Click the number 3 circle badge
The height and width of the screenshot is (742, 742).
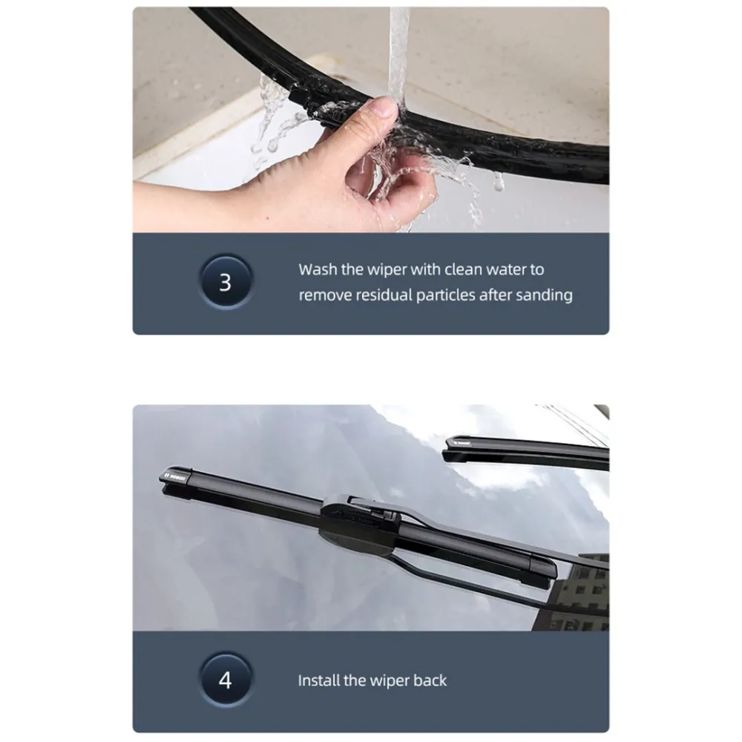coord(226,282)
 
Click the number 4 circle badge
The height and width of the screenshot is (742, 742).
coord(226,680)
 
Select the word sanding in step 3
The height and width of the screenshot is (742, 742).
coord(544,295)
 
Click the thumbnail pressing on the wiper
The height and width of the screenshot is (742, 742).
coord(384,108)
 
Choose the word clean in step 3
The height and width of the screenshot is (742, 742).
coord(463,269)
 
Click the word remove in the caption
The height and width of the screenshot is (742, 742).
coord(325,296)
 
